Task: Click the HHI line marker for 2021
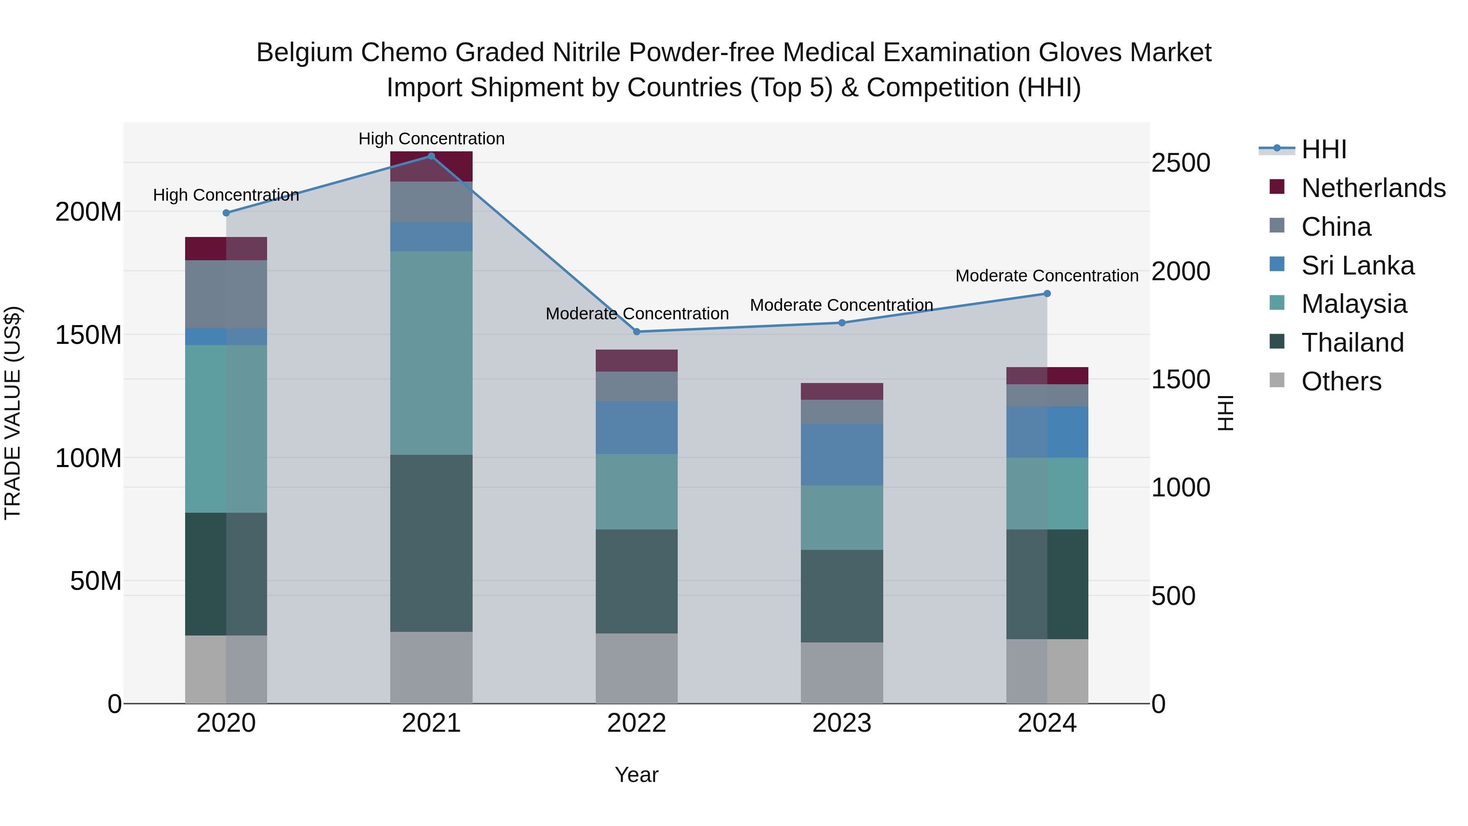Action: click(x=431, y=156)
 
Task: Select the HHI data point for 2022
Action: click(x=637, y=332)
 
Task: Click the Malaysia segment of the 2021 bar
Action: click(x=431, y=353)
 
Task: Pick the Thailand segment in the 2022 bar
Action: click(x=637, y=581)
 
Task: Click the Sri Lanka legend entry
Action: click(x=1357, y=266)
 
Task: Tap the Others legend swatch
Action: click(x=1277, y=380)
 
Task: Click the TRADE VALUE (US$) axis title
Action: click(x=13, y=413)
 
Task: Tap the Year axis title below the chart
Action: click(x=637, y=775)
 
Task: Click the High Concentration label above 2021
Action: click(x=431, y=139)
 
